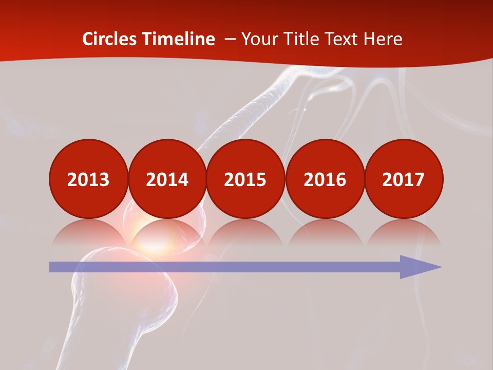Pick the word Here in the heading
point(384,39)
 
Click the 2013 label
point(88,179)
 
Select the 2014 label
point(167,179)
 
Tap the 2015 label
point(245,179)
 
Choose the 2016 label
point(325,179)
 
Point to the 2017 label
point(403,179)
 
